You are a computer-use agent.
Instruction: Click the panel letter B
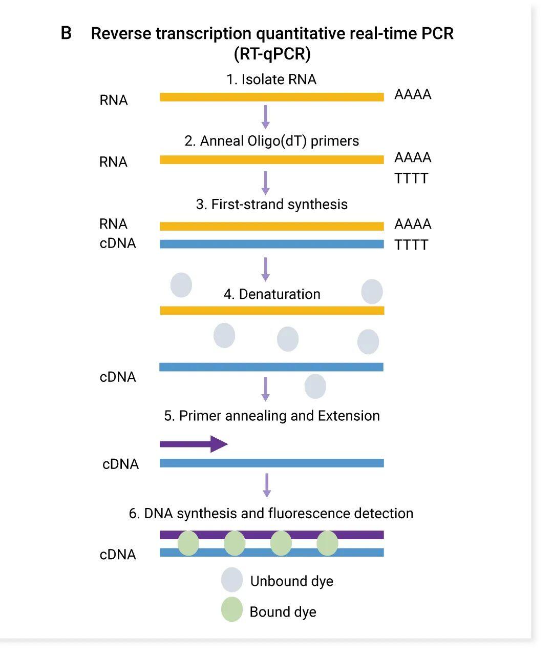66,33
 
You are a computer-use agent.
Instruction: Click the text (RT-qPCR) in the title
272,53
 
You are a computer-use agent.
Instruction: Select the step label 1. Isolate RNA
271,79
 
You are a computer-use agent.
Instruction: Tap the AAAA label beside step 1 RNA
413,94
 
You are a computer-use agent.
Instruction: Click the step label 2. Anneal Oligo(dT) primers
271,141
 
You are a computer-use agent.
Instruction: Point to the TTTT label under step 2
411,178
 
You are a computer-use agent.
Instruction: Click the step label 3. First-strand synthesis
271,204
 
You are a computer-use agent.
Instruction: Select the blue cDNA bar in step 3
271,244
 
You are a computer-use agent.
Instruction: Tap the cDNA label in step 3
118,243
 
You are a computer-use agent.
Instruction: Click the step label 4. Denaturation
272,294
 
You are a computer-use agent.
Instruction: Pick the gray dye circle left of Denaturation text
181,285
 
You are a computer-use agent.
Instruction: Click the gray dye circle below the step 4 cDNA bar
315,386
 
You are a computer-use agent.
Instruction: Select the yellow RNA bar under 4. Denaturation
271,310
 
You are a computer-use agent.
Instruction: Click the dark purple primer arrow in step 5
194,443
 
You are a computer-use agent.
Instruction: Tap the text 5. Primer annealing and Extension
271,416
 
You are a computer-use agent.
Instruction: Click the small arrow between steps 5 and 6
266,485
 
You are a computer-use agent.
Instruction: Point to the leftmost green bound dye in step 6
188,543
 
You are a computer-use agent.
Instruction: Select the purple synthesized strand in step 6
271,535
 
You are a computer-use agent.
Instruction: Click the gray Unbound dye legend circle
231,580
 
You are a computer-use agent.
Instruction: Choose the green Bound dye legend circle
231,609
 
